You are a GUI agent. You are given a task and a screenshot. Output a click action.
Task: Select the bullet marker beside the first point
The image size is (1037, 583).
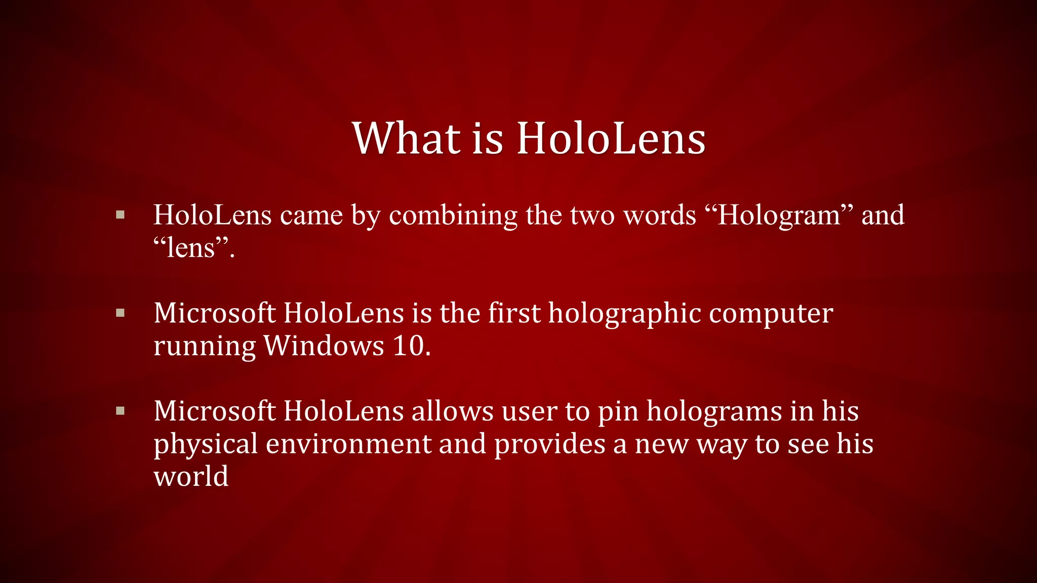click(121, 215)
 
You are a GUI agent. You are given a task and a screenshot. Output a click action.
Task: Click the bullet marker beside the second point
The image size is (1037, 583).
click(121, 313)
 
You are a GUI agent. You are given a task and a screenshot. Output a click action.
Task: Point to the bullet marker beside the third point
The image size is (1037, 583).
click(121, 411)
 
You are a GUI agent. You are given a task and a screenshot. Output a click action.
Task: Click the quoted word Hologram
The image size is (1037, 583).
click(779, 216)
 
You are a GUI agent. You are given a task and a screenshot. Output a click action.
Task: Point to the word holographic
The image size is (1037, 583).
click(624, 313)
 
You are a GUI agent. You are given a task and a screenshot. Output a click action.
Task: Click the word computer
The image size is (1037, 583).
click(771, 313)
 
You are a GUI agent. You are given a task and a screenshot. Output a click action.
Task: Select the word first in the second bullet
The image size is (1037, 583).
click(514, 313)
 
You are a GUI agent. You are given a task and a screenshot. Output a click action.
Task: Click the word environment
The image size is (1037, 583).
click(348, 444)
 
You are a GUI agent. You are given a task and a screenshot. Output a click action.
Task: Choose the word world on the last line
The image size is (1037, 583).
click(191, 476)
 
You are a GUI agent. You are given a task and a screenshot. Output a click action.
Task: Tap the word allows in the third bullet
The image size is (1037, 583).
click(452, 411)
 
